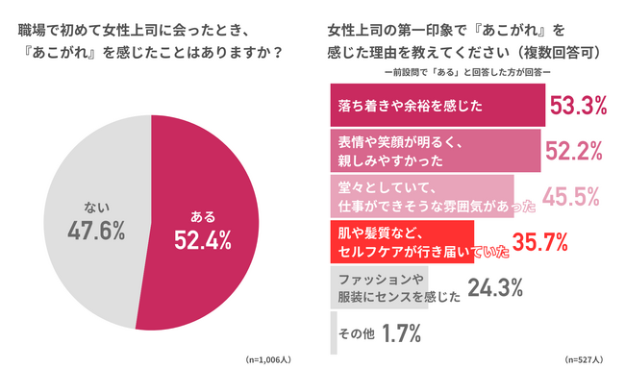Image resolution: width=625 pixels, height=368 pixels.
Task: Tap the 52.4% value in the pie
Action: [203, 241]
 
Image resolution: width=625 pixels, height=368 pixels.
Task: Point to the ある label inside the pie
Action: [203, 216]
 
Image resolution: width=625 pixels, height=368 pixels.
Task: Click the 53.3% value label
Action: [578, 106]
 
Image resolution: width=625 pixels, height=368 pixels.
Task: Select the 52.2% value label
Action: [573, 150]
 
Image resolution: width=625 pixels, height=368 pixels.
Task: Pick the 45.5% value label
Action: [571, 196]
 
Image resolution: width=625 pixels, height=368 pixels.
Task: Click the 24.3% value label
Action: [494, 286]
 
